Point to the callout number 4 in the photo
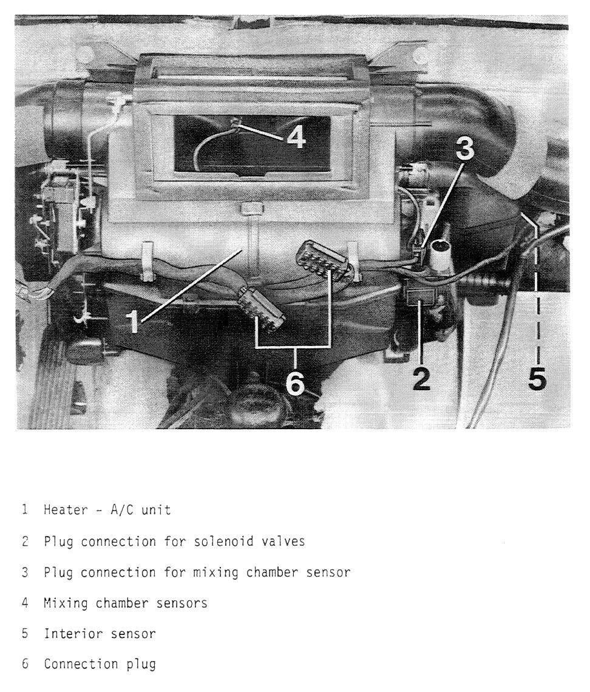point(296,138)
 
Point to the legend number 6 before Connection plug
point(25,665)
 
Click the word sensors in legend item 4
point(183,603)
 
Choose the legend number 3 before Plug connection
point(25,572)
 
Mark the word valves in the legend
point(285,541)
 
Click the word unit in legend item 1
point(158,510)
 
